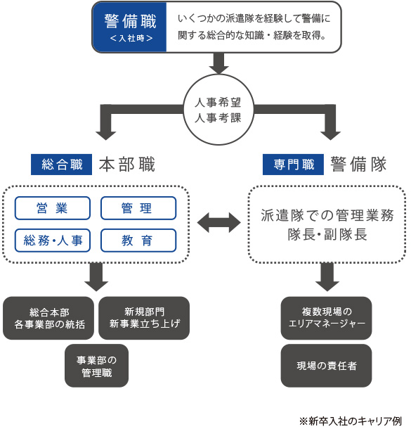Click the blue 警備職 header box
coord(129,27)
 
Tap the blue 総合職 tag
coord(62,165)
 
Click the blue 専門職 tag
coord(293,165)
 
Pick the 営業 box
coord(53,208)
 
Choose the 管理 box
coord(138,208)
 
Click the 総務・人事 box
coord(53,241)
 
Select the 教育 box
coord(138,241)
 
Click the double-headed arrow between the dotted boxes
coord(219,223)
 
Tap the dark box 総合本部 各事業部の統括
coord(48,318)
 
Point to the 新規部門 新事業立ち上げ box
coord(144,318)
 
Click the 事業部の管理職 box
coord(96,366)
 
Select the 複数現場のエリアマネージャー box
coord(326,318)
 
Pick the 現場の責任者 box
coord(326,366)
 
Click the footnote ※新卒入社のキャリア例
coord(351,421)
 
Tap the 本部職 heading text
coord(127,165)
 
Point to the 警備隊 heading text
coord(358,165)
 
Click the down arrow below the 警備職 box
coord(218,63)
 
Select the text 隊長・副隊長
coord(327,235)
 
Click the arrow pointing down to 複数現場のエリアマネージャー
coord(327,277)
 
